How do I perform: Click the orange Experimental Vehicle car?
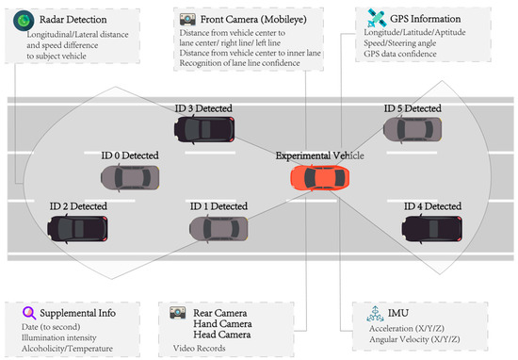[320, 176]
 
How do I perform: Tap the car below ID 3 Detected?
[207, 130]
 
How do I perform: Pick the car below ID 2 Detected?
[78, 226]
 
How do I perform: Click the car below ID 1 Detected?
[219, 227]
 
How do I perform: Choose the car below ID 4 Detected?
[430, 226]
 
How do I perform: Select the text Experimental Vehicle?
[319, 155]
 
